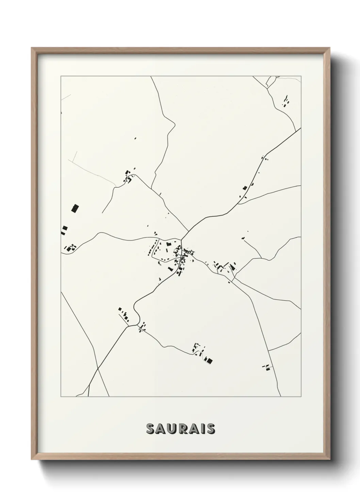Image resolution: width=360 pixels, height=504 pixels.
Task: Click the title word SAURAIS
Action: click(x=180, y=429)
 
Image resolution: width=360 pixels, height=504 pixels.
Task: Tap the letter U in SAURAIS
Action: click(x=169, y=429)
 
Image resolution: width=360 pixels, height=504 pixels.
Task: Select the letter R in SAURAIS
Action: click(x=180, y=429)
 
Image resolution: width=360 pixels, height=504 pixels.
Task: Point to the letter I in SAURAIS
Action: click(x=203, y=429)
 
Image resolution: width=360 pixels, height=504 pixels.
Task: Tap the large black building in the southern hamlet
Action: click(x=210, y=360)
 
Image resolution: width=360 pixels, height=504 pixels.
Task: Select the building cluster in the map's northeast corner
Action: click(x=286, y=101)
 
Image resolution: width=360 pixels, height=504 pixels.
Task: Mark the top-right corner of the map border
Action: click(x=301, y=76)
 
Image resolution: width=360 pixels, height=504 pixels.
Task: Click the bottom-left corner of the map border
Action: click(x=61, y=397)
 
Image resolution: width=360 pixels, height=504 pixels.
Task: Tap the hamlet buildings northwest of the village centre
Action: click(x=129, y=177)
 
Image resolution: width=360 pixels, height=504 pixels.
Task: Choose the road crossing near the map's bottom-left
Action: click(x=97, y=369)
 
